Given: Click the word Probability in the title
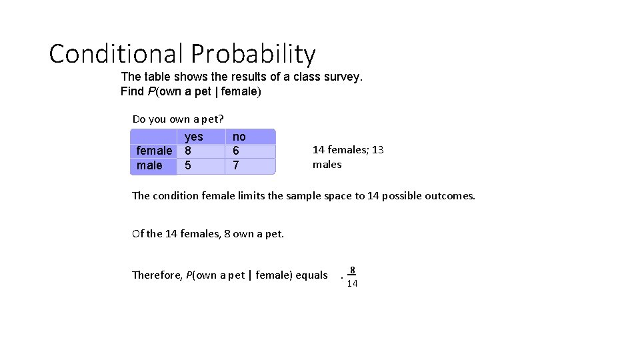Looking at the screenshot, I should [253, 55].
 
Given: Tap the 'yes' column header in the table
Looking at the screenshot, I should [193, 137].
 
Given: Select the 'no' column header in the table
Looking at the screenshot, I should [239, 137].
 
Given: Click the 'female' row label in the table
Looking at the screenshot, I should [154, 151].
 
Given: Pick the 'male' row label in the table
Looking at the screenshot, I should [149, 165].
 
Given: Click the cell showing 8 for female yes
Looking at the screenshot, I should [188, 151].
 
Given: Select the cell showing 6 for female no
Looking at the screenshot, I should [236, 151].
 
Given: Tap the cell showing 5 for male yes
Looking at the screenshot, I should [188, 165].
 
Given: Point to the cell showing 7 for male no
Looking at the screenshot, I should [236, 165].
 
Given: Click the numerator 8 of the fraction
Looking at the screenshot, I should [353, 270].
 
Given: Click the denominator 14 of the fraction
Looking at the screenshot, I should [352, 283].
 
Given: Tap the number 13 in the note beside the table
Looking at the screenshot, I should [377, 150].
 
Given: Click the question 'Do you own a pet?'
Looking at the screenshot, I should [178, 119].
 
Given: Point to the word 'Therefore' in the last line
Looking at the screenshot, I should [157, 275].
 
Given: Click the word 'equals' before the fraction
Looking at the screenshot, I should [312, 275].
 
